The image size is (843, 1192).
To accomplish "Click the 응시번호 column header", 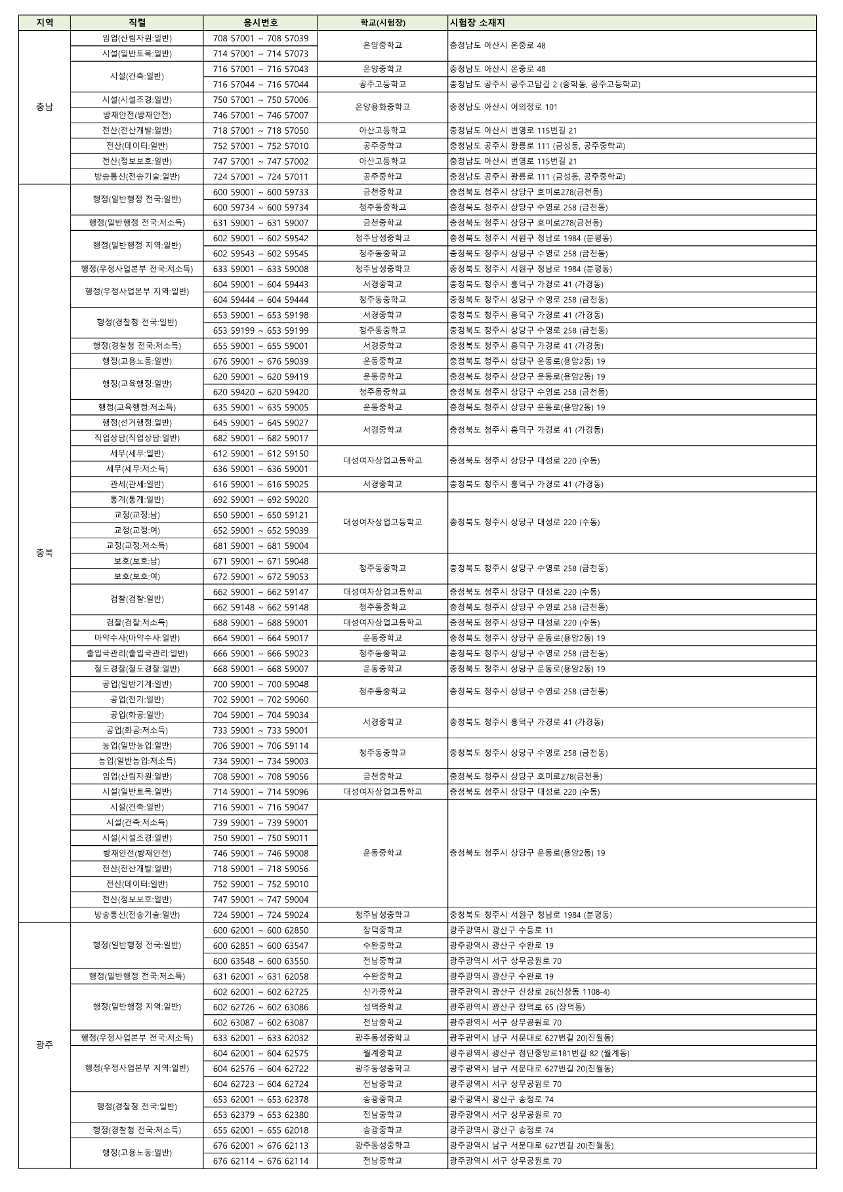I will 260,23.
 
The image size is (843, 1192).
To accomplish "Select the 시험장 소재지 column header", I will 477,23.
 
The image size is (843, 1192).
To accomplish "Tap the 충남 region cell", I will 45,107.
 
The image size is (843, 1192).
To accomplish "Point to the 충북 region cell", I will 45,553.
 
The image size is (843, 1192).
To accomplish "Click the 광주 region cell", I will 45,1045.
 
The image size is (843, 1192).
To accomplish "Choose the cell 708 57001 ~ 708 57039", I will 260,38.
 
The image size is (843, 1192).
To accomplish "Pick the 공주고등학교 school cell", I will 382,84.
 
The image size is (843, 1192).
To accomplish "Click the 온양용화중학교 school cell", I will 382,107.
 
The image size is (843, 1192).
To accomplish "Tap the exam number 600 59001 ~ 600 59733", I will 260,192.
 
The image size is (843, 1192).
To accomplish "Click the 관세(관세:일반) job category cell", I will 137,484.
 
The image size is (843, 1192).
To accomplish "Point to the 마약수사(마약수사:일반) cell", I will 137,638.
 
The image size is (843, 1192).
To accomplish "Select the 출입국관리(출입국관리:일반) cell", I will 137,653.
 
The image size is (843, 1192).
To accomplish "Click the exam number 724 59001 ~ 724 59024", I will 260,915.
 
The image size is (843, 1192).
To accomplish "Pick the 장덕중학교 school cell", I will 382,930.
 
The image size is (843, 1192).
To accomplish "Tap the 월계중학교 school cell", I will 382,1053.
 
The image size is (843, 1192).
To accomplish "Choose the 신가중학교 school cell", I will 382,991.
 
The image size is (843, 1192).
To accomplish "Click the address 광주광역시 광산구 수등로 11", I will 501,930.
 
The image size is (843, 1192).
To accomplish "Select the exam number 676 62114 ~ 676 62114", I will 260,1161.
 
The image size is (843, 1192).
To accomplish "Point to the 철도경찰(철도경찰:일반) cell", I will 137,669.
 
